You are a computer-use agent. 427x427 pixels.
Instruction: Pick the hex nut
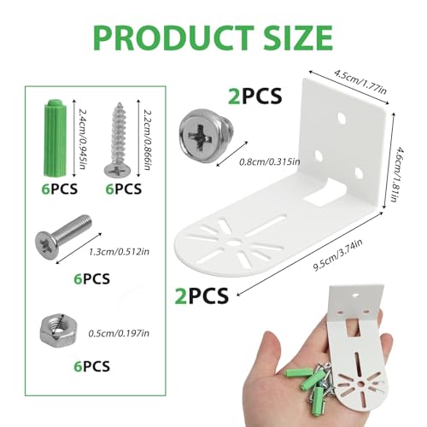pyautogui.click(x=57, y=328)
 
